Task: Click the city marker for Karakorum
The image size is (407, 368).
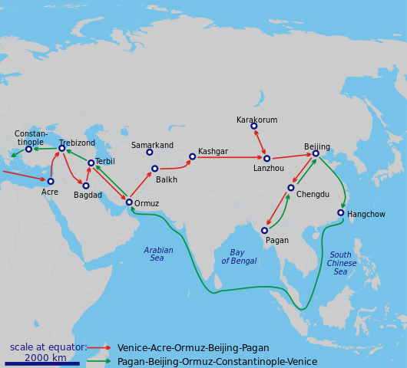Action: tap(254, 127)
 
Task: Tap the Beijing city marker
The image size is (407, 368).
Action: tap(316, 153)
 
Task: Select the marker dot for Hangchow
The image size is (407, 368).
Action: tap(341, 213)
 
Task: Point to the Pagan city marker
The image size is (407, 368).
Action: tap(264, 230)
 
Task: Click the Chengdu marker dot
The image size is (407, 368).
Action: tap(291, 188)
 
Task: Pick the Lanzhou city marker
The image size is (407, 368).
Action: tap(266, 159)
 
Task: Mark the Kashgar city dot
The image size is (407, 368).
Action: tap(193, 156)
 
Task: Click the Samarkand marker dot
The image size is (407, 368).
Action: tap(150, 153)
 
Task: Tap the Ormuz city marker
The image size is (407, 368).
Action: tap(129, 202)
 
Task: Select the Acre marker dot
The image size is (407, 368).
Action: tap(51, 182)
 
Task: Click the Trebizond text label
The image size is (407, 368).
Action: tap(77, 143)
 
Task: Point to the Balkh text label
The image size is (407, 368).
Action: tap(167, 180)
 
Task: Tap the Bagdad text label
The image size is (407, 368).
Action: tap(88, 195)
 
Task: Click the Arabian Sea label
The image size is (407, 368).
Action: tap(158, 255)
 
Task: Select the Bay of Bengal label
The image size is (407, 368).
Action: tap(239, 257)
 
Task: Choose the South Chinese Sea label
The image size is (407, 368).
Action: tap(341, 264)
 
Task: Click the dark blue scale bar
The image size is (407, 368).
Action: tap(41, 363)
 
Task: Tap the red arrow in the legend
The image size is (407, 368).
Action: tap(99, 348)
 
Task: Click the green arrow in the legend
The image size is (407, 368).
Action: tap(99, 361)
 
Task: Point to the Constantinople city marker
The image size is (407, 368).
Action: tap(29, 149)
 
